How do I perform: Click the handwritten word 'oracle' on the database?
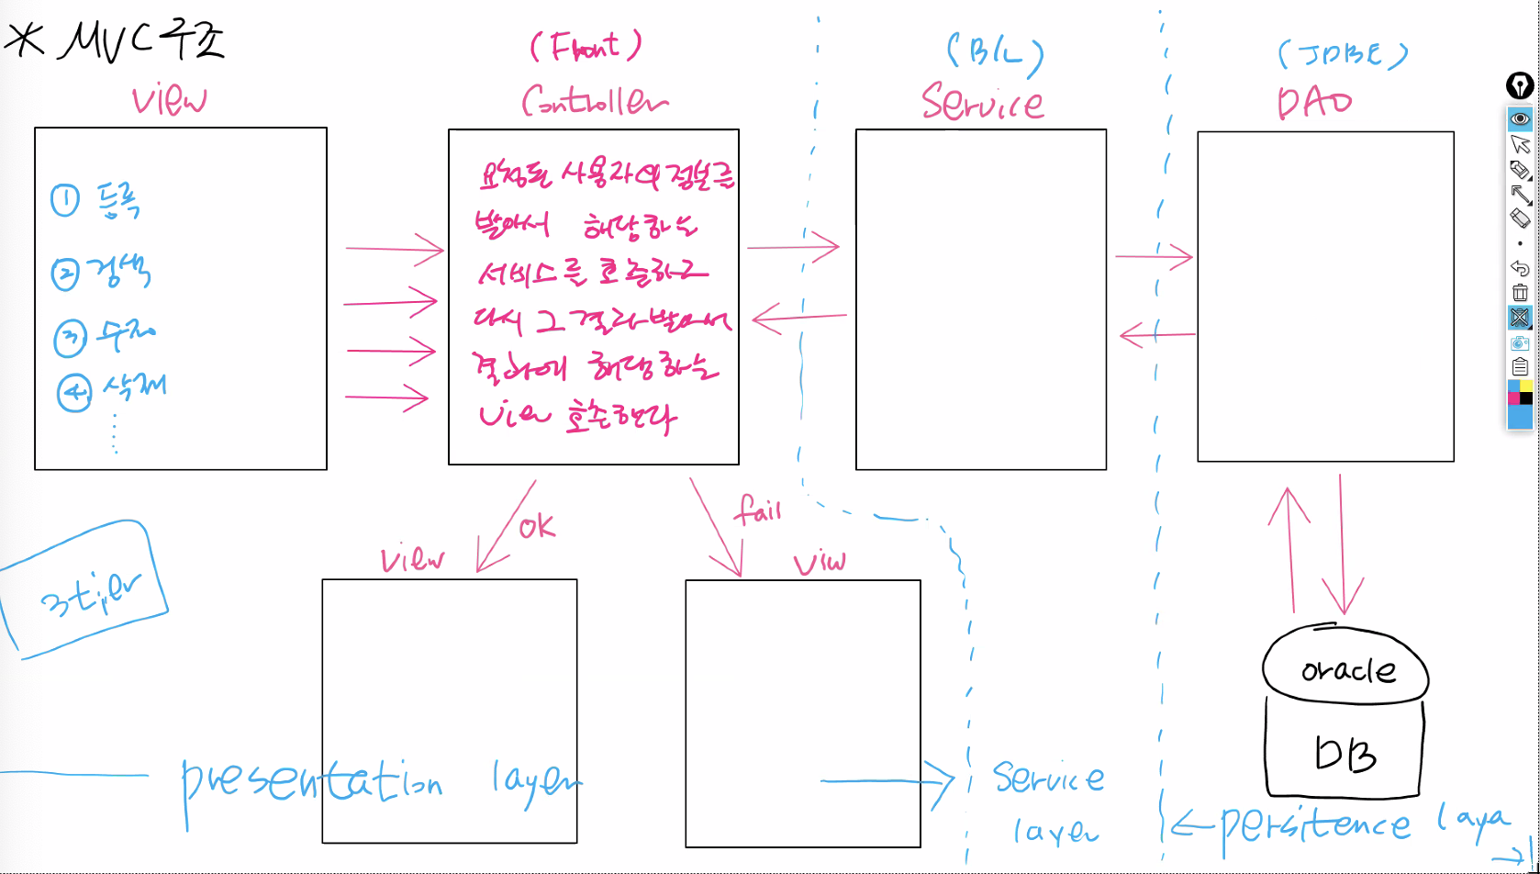(x=1348, y=670)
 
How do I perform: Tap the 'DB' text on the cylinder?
(x=1345, y=755)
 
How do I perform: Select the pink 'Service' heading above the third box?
(x=982, y=102)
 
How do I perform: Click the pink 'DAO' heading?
(x=1314, y=103)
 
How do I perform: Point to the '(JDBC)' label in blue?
(x=1342, y=55)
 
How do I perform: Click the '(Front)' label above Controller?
(x=585, y=46)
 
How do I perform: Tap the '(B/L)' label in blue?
(x=995, y=54)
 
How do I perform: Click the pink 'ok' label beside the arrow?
(x=537, y=526)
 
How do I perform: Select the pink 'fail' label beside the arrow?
(x=758, y=509)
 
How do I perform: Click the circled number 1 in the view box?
(x=65, y=200)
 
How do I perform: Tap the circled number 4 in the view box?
(x=73, y=393)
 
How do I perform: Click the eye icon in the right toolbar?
(x=1520, y=118)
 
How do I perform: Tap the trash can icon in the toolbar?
(x=1520, y=293)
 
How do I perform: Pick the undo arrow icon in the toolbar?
(x=1520, y=268)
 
